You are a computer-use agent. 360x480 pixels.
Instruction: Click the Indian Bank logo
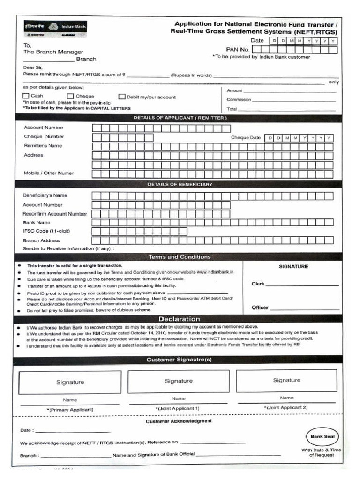(x=56, y=28)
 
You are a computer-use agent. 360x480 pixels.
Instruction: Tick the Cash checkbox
(x=26, y=96)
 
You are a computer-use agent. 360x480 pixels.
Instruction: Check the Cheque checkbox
(x=70, y=96)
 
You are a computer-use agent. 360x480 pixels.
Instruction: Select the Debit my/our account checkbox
(x=122, y=97)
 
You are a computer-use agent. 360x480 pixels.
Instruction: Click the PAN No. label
(x=238, y=49)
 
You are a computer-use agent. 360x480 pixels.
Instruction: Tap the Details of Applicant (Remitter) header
(x=180, y=118)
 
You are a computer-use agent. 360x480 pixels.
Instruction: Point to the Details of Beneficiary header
(x=180, y=184)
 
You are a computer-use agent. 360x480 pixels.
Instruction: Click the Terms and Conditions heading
(x=180, y=257)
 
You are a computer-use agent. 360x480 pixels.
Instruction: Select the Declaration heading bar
(x=180, y=319)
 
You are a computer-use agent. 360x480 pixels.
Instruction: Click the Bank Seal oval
(x=322, y=436)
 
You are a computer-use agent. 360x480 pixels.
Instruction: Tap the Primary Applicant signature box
(x=70, y=382)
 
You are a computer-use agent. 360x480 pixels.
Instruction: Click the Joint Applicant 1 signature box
(x=178, y=381)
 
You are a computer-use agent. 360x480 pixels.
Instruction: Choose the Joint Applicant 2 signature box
(x=286, y=381)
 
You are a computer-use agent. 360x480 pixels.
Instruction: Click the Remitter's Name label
(x=43, y=146)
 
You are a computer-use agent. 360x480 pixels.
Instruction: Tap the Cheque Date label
(x=246, y=138)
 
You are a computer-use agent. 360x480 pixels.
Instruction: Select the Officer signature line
(x=304, y=308)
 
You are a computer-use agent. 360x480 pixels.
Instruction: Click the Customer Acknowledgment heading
(x=179, y=421)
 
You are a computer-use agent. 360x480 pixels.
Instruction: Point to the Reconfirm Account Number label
(x=55, y=214)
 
